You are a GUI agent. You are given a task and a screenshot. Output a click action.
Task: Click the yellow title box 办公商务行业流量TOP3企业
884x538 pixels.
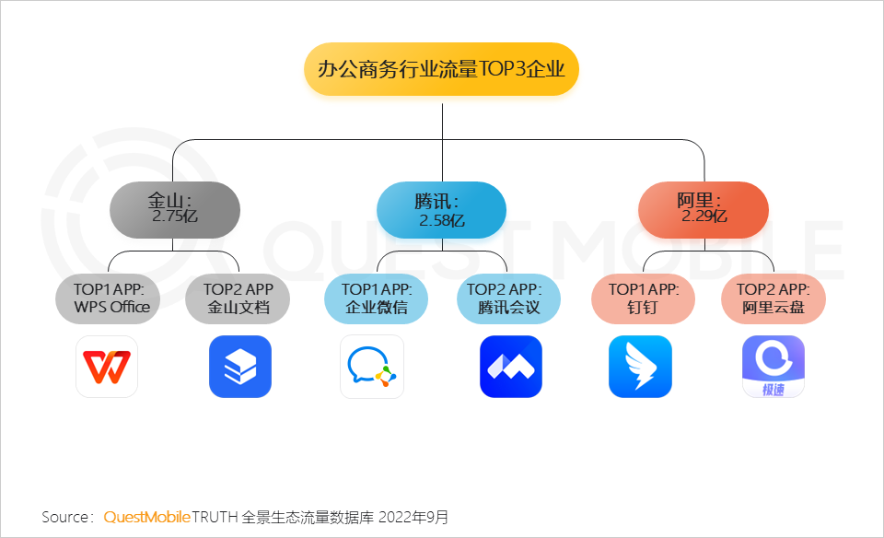441,69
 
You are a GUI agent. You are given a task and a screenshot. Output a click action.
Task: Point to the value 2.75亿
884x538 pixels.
175,217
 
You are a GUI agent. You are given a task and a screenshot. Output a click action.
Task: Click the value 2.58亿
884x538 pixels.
442,221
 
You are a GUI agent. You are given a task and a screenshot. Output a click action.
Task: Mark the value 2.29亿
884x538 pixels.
704,217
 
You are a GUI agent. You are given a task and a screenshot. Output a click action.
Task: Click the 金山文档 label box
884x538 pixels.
238,298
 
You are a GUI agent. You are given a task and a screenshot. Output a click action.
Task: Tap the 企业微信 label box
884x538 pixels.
376,298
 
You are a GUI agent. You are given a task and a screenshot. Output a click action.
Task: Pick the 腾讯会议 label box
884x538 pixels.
508,298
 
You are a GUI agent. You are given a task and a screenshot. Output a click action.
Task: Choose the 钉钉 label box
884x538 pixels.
643,298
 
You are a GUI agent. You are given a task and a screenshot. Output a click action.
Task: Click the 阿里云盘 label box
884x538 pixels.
773,298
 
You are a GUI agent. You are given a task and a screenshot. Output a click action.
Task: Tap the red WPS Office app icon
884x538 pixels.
107,367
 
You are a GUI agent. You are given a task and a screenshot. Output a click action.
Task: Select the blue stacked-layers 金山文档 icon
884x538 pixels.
240,367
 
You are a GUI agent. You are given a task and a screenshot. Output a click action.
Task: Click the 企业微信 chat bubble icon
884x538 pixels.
372,367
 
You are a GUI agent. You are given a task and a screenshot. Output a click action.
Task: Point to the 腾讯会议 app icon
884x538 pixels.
511,367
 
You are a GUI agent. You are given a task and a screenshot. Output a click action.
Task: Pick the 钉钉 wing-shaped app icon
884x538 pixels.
640,367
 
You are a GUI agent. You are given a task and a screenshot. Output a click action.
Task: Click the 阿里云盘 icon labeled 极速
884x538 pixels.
773,367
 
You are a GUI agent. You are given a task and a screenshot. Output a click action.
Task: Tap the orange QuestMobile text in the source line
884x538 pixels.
146,517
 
